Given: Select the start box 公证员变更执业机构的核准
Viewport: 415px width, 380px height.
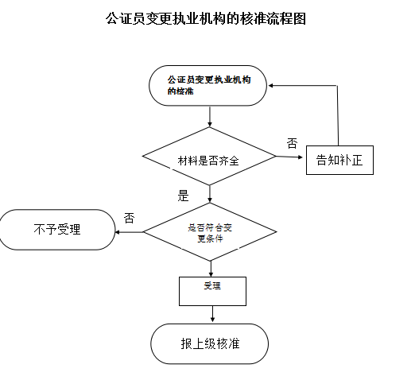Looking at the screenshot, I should [x=208, y=86].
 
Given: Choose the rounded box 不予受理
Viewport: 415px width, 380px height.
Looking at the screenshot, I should [x=58, y=230].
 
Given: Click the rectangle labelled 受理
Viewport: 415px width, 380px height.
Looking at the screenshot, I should [x=211, y=289].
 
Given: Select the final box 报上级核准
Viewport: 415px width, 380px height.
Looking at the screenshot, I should [x=210, y=344].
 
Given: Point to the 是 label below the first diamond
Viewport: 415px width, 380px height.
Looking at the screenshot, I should [x=183, y=196].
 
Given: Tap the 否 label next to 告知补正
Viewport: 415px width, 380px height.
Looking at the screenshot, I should [x=292, y=144].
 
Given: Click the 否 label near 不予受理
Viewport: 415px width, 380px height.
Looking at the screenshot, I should [x=129, y=218].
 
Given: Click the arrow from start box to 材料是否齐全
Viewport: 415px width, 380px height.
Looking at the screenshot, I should [x=209, y=116].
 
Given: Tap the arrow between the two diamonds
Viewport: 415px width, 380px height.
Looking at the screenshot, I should [x=209, y=193].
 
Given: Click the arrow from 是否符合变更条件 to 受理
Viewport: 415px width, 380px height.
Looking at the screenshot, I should [x=210, y=268].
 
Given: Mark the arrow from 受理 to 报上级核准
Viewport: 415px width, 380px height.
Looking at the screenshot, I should [x=211, y=315].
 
